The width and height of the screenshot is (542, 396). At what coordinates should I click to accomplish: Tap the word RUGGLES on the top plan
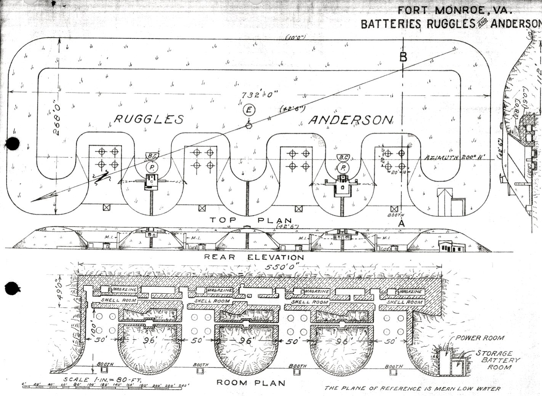pyautogui.click(x=149, y=119)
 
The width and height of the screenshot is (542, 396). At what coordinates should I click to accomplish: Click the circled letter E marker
pyautogui.click(x=249, y=110)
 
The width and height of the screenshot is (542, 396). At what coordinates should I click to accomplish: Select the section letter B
pyautogui.click(x=403, y=57)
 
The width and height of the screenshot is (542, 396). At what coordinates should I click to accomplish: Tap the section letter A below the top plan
pyautogui.click(x=401, y=224)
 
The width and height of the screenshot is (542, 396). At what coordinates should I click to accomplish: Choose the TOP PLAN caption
pyautogui.click(x=251, y=220)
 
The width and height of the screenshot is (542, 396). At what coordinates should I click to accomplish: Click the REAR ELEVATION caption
pyautogui.click(x=254, y=257)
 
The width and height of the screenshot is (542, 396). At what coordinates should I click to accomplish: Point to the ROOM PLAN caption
pyautogui.click(x=251, y=383)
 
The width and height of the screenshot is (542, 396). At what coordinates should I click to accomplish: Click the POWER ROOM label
pyautogui.click(x=480, y=338)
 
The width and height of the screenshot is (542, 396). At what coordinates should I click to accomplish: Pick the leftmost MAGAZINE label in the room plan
pyautogui.click(x=125, y=290)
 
